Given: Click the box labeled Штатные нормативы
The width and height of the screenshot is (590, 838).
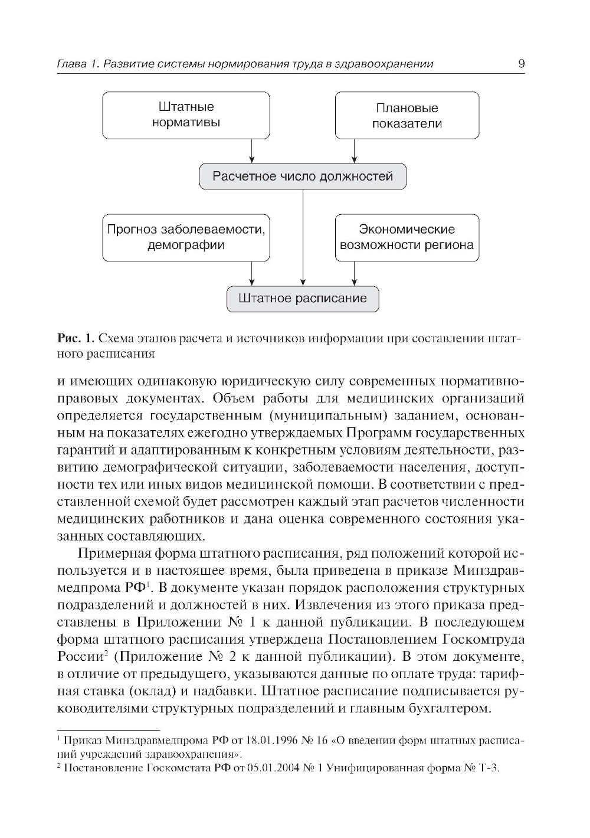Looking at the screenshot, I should [x=186, y=115].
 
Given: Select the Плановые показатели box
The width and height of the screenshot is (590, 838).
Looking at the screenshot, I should [x=407, y=115].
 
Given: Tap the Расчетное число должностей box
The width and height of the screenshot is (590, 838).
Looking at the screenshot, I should [x=303, y=176].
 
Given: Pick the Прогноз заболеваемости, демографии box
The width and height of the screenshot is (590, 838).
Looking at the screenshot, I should [x=186, y=237].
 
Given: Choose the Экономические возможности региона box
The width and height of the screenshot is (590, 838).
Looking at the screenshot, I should [x=407, y=237].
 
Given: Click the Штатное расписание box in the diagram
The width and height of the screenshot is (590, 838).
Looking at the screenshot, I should [x=303, y=299].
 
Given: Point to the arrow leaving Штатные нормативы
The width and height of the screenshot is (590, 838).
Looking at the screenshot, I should [x=252, y=151].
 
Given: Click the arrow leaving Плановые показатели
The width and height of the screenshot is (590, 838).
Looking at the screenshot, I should [x=354, y=151].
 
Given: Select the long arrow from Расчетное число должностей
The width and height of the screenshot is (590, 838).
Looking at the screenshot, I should [x=303, y=236].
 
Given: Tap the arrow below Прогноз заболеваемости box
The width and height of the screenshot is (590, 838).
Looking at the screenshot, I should [x=252, y=273].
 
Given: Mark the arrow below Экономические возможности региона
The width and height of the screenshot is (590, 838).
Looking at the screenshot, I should [x=354, y=273].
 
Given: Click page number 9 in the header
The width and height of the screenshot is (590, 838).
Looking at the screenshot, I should [x=521, y=64].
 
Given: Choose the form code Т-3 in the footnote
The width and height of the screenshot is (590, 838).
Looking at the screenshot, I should [x=489, y=768].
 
